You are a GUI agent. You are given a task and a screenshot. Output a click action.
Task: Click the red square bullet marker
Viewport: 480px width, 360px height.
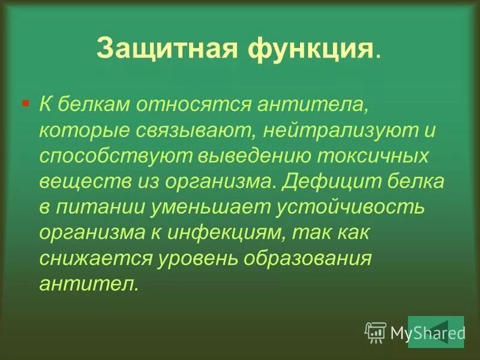click(25, 103)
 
